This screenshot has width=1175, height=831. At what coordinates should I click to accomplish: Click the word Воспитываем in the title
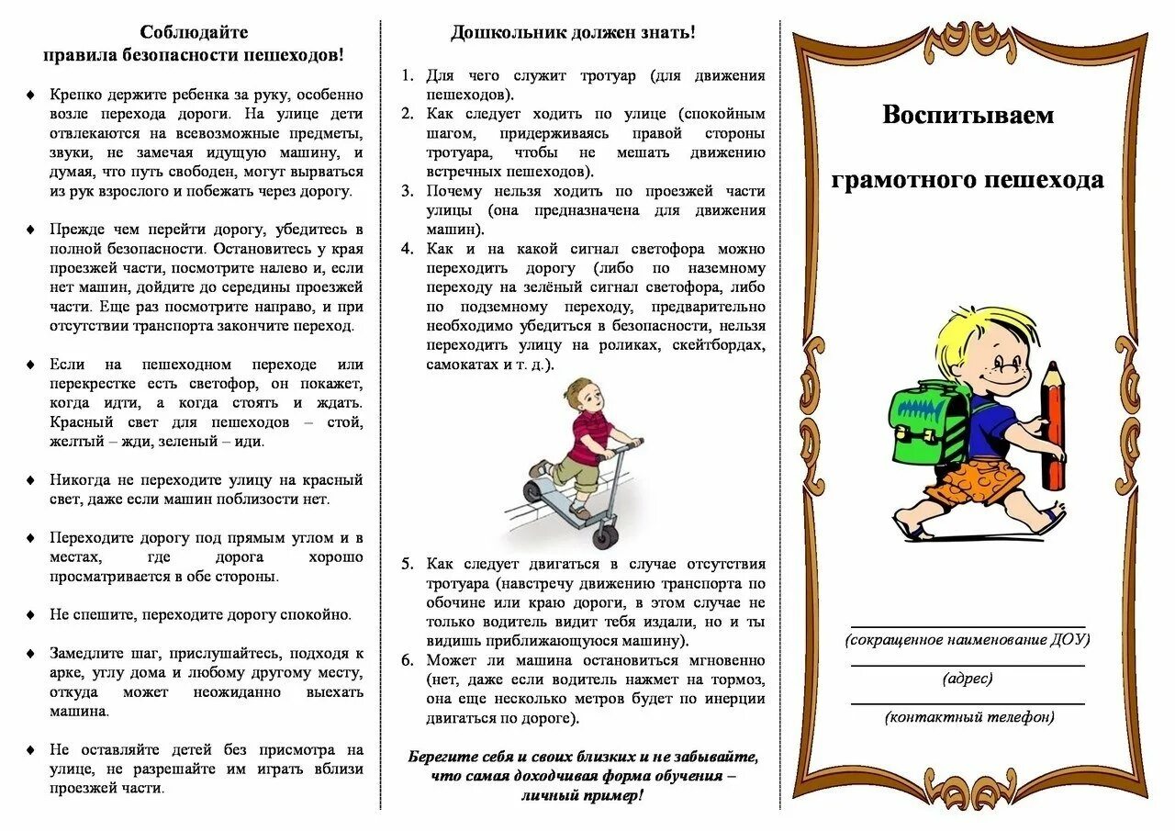point(968,116)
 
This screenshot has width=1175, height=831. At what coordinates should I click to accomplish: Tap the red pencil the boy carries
point(1053,427)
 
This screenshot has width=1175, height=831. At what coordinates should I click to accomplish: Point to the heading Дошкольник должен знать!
point(573,33)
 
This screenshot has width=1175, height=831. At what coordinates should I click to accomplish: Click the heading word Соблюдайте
point(194,33)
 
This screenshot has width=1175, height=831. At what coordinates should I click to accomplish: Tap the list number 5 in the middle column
point(407,564)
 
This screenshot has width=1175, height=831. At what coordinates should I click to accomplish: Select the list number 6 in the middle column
point(407,660)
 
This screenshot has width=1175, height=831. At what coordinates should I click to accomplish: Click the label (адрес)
point(968,679)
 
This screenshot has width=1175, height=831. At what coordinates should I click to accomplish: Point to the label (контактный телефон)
point(969,717)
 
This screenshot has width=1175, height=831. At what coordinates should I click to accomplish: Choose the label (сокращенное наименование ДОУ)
point(968,640)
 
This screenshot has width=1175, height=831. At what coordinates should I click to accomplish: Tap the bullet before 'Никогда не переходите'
point(31,480)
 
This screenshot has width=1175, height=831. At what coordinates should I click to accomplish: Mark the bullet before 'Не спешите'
point(31,615)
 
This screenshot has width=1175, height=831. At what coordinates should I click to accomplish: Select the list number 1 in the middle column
point(407,76)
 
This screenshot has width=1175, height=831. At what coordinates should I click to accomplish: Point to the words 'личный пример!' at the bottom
point(582,795)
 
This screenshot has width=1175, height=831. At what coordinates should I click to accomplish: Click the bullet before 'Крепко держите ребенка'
point(31,95)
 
